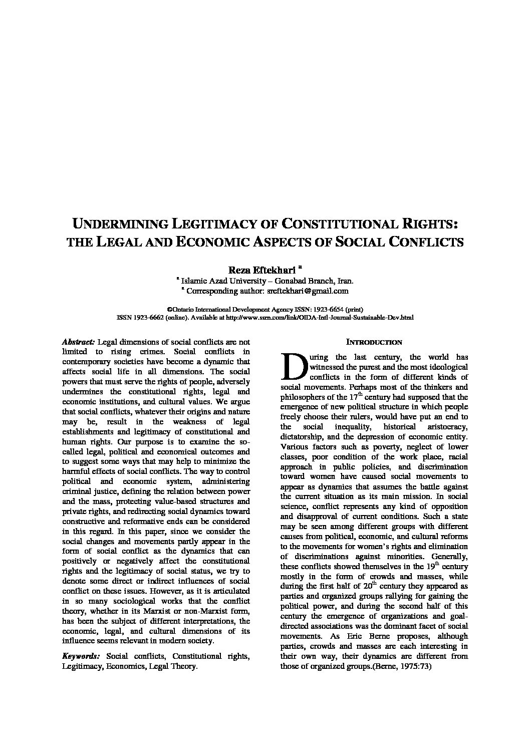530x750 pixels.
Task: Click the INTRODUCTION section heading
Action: [x=374, y=342]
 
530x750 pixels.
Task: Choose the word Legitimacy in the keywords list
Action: [x=82, y=666]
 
